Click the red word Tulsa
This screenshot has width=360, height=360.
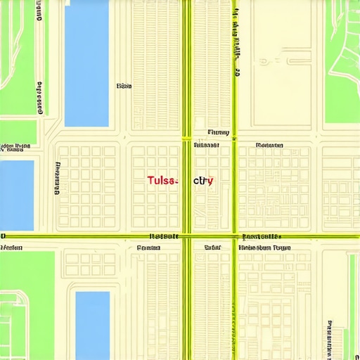[x=162, y=181]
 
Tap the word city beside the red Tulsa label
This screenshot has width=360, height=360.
[x=203, y=181]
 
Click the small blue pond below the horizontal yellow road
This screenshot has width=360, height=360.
[x=92, y=325]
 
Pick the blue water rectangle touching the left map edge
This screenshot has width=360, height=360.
[x=16, y=195]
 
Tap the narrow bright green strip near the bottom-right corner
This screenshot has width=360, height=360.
[x=352, y=302]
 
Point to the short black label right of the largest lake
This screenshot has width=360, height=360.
[x=124, y=86]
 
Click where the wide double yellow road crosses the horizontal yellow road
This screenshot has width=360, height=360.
[x=186, y=236]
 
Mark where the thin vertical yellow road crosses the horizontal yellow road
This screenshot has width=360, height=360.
[x=236, y=236]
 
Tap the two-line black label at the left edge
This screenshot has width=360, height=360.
[x=15, y=148]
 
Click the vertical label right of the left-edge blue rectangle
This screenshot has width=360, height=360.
[x=56, y=178]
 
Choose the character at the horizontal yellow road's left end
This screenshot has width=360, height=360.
[x=3, y=236]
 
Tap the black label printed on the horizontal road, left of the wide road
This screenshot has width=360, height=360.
[x=165, y=236]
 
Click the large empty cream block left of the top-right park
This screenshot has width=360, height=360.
[x=281, y=63]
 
